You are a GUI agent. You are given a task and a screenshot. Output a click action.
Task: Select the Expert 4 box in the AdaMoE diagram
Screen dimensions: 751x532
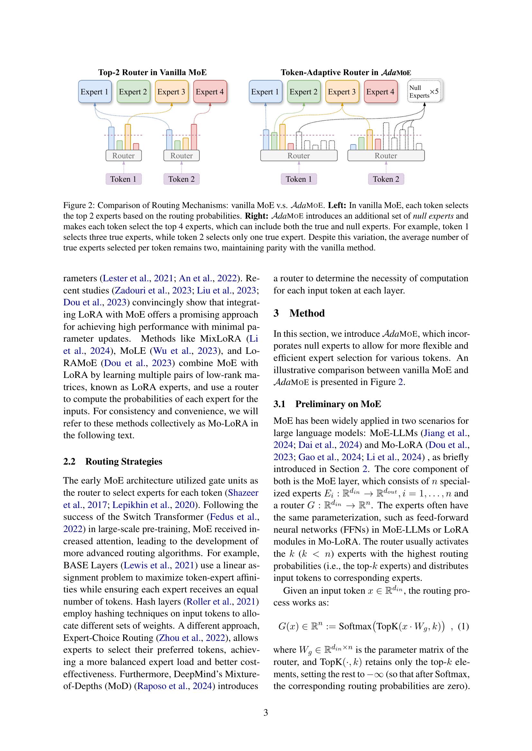tap(380, 92)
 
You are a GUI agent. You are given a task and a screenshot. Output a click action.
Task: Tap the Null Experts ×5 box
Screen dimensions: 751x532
tap(424, 92)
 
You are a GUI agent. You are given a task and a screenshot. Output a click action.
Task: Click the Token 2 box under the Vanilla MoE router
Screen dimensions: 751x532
tap(181, 179)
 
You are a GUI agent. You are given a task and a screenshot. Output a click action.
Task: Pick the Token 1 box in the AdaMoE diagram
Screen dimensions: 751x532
tap(298, 179)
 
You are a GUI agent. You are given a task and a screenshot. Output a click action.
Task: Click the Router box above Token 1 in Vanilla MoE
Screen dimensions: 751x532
tap(124, 156)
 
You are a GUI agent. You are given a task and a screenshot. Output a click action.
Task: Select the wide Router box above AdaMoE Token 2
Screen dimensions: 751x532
tap(386, 156)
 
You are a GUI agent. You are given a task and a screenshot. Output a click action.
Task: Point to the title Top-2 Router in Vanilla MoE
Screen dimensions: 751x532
tap(152, 72)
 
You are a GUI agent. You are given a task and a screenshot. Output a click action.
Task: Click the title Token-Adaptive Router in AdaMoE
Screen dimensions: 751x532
tap(345, 72)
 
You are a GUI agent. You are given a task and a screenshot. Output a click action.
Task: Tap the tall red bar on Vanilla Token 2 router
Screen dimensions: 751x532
tap(194, 137)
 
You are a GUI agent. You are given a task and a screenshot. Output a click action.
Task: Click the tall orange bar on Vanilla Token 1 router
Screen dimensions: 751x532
tap(128, 137)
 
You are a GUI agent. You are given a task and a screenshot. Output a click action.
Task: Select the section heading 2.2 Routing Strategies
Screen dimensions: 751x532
tap(113, 461)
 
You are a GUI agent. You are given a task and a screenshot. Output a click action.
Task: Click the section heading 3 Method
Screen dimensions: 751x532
tap(299, 313)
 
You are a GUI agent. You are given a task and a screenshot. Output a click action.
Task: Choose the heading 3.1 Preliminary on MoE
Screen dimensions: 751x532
tap(327, 404)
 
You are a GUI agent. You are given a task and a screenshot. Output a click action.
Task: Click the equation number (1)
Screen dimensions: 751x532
tap(463, 627)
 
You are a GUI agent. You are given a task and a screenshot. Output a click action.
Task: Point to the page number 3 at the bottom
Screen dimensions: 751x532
tap(266, 713)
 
